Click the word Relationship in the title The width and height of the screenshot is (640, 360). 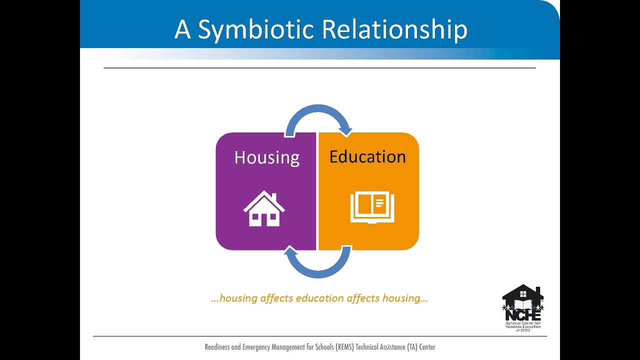[394, 30]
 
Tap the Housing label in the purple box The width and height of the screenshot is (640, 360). [267, 157]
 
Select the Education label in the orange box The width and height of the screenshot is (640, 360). [367, 157]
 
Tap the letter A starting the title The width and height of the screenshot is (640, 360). [182, 30]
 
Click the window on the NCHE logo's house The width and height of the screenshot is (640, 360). [523, 293]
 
